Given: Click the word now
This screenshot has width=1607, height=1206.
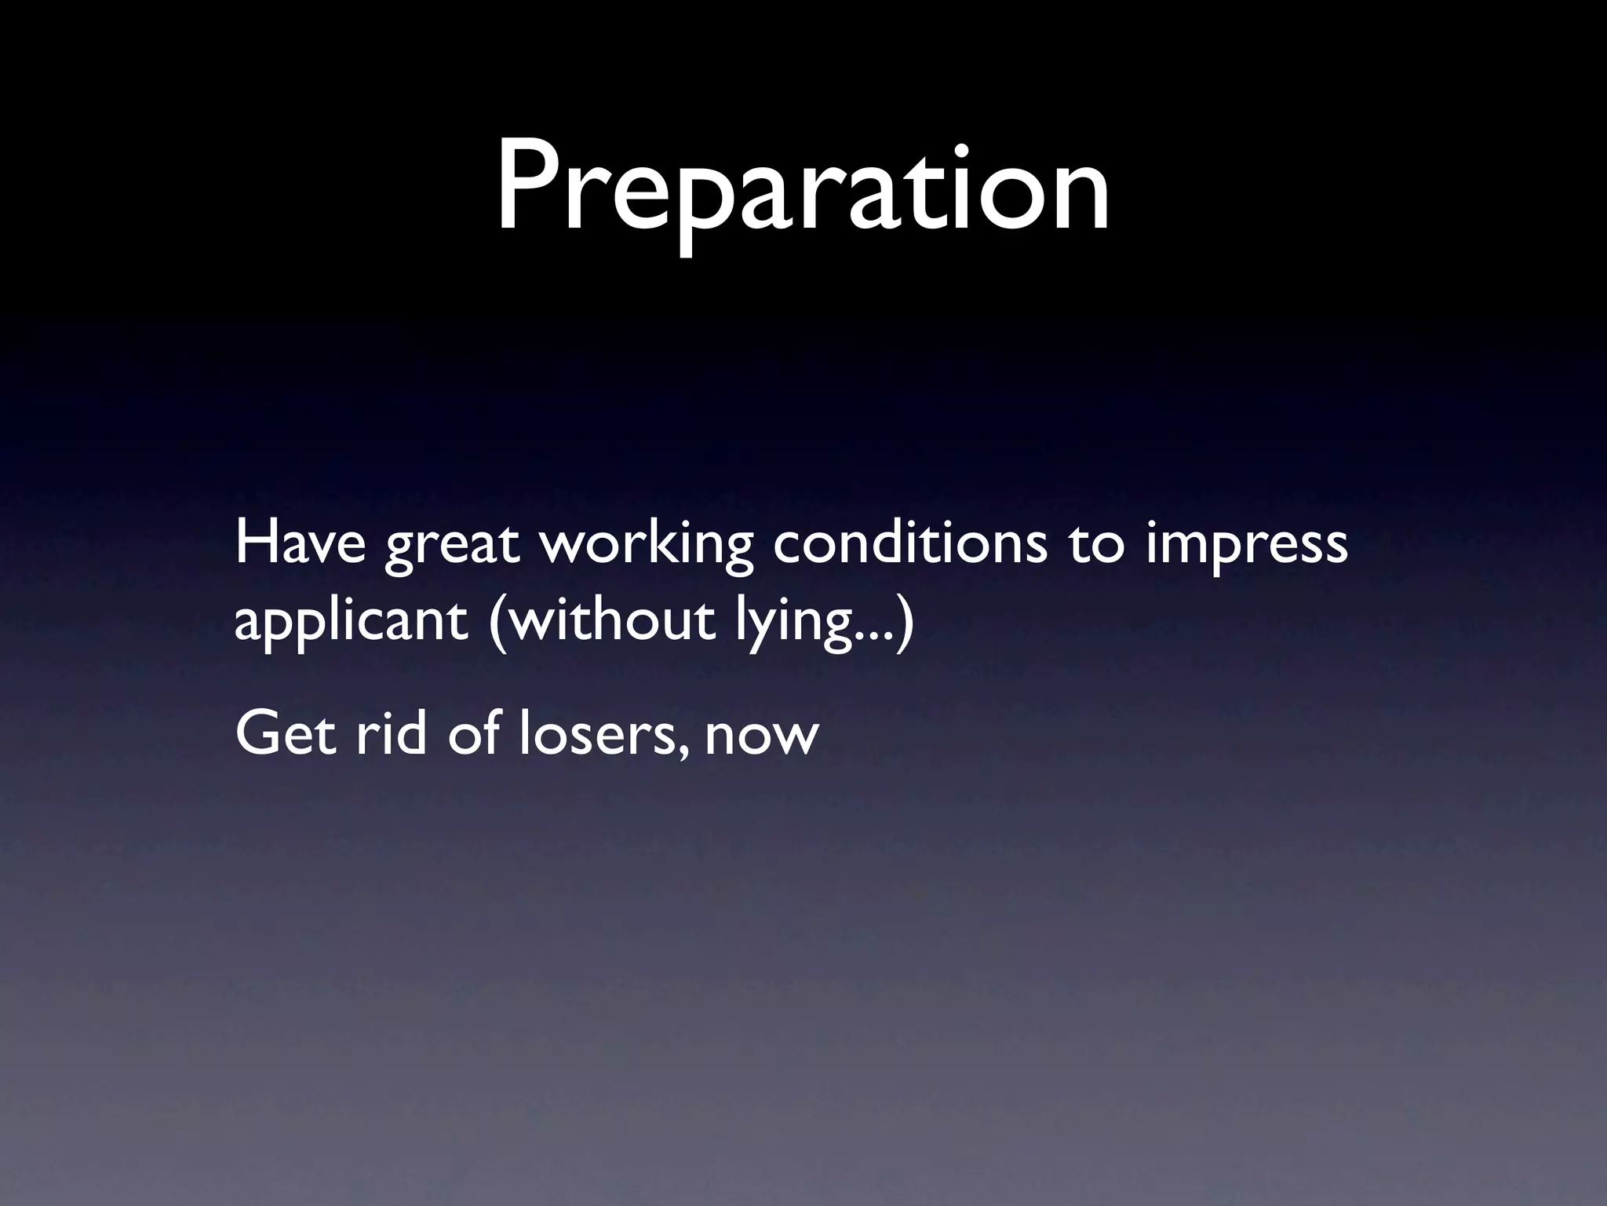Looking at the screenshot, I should pyautogui.click(x=761, y=738).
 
